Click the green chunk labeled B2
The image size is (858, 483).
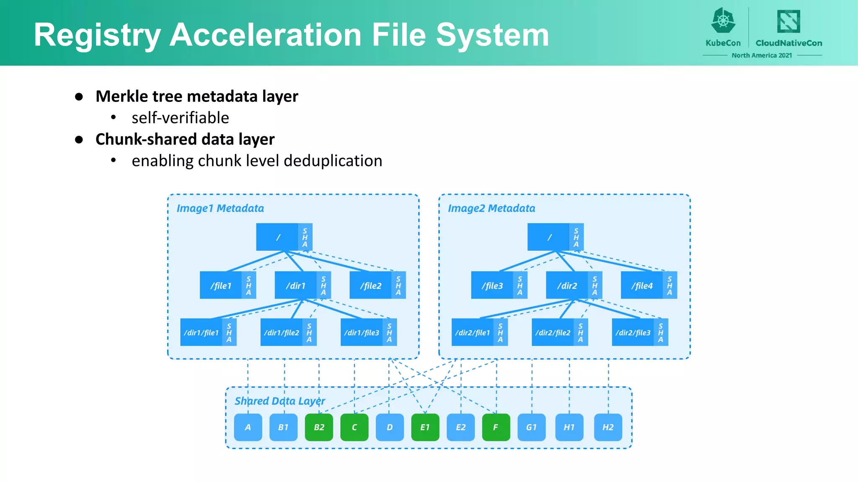319,427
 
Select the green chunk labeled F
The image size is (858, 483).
496,427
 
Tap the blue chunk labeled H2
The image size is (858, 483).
608,427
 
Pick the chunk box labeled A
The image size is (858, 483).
248,427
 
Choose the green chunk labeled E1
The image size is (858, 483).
425,427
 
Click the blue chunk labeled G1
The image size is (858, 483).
532,427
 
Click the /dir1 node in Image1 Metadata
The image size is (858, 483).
296,286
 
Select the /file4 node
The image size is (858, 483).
642,286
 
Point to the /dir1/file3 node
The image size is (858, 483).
362,332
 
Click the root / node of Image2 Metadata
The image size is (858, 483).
549,237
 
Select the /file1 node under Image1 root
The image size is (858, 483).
221,286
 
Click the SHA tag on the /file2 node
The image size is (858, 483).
398,286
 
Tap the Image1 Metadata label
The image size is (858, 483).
220,208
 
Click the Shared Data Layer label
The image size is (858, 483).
279,401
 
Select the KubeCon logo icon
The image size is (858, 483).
723,21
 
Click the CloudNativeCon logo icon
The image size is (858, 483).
788,21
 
